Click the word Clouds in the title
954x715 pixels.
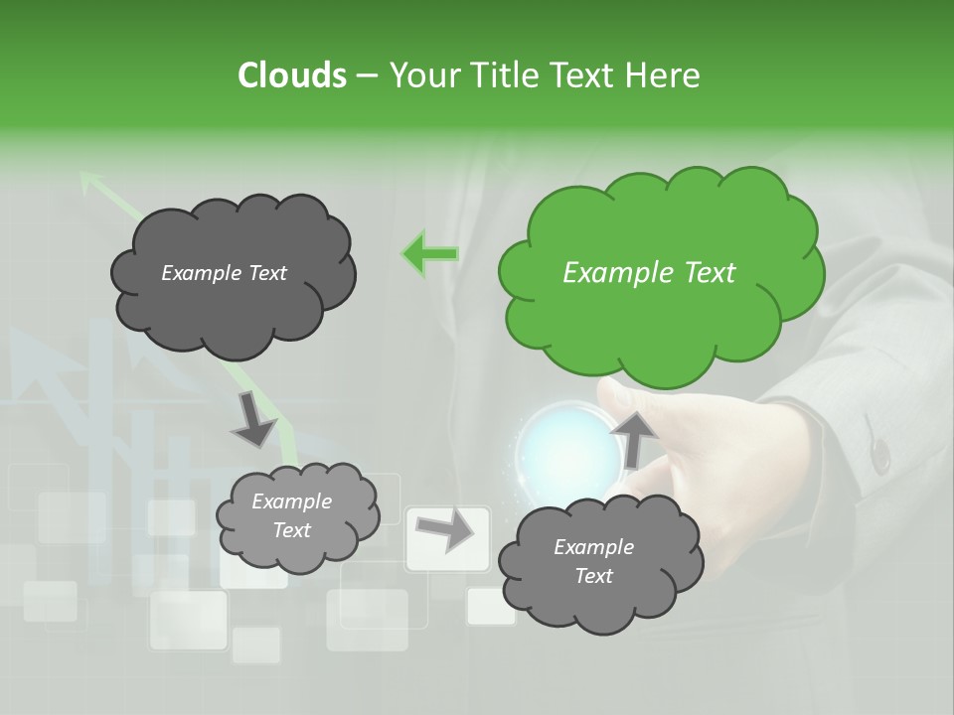(291, 75)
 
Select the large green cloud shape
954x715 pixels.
(660, 273)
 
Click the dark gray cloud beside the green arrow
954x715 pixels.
(233, 275)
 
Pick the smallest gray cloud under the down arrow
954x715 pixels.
(297, 515)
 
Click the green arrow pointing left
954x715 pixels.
(429, 254)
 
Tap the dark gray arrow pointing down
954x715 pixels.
(253, 418)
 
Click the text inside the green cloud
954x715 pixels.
(649, 273)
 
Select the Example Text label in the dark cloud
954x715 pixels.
(225, 273)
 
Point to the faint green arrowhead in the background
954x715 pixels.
(91, 181)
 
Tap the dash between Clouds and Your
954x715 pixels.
(365, 75)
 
